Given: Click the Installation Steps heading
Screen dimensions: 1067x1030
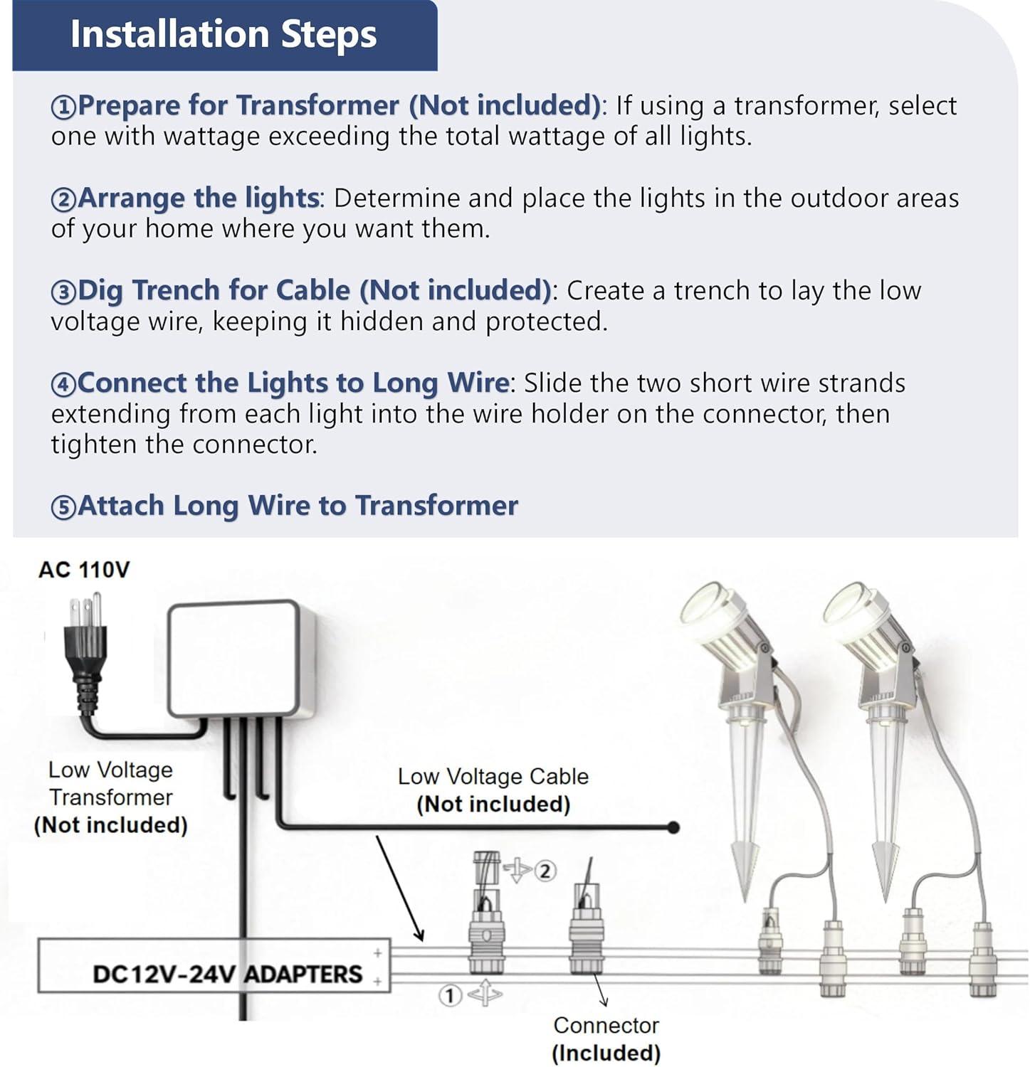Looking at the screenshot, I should pyautogui.click(x=223, y=34).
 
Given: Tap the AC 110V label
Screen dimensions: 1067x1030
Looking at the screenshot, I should pyautogui.click(x=84, y=570).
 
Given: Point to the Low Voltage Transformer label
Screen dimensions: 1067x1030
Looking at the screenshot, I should pyautogui.click(x=110, y=797).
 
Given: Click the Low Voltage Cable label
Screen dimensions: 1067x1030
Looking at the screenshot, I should pyautogui.click(x=493, y=790).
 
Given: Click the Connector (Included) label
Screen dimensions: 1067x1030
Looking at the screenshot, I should pyautogui.click(x=606, y=1039).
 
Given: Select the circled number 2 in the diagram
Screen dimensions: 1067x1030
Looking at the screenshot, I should pyautogui.click(x=545, y=871).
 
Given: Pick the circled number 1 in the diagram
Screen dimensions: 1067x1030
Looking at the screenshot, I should pyautogui.click(x=449, y=996).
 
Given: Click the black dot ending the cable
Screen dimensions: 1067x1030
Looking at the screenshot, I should pyautogui.click(x=673, y=827).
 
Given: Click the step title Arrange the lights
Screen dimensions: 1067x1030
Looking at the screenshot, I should pyautogui.click(x=198, y=198).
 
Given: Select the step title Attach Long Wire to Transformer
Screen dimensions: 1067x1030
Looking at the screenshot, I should pyautogui.click(x=298, y=506).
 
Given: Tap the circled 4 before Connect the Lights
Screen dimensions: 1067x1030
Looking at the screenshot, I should pyautogui.click(x=63, y=385).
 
